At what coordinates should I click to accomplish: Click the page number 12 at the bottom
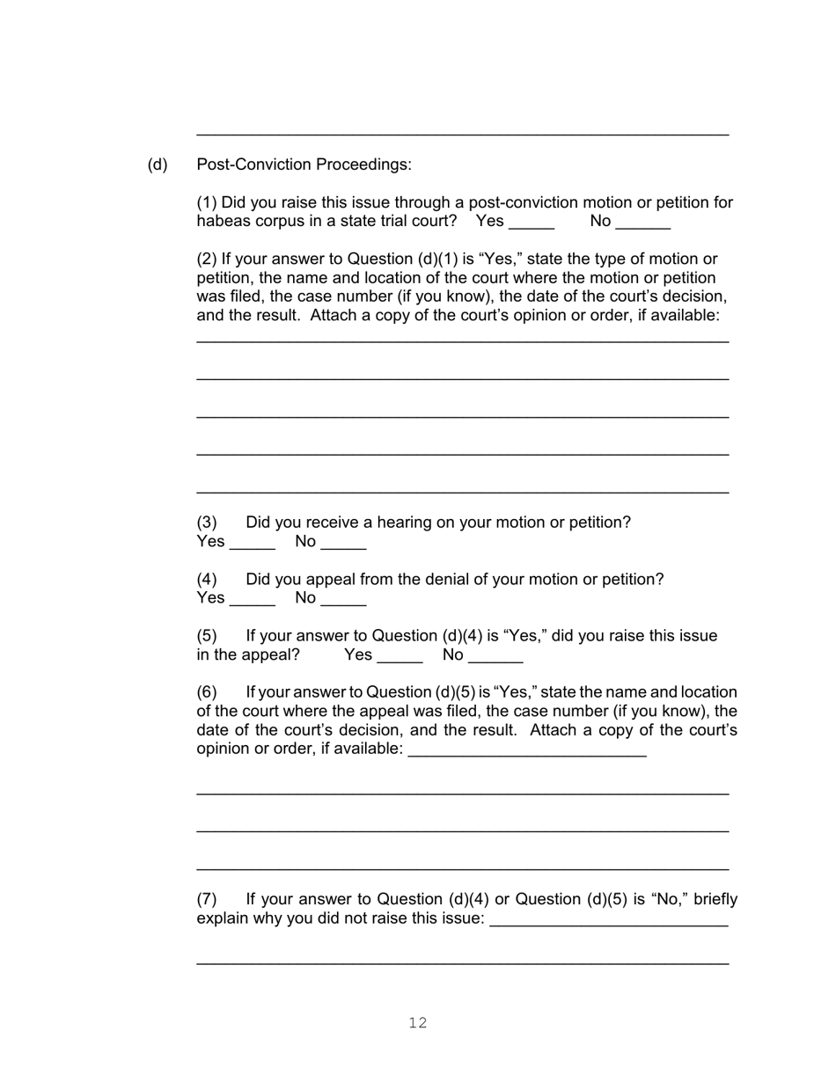pos(418,1022)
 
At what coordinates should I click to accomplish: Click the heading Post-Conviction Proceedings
pos(304,164)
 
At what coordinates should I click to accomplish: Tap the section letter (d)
pos(158,164)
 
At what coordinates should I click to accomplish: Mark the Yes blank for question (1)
pos(532,223)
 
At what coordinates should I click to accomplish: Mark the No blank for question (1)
pos(643,223)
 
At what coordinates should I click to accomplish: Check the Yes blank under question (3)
pos(253,543)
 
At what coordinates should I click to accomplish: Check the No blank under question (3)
pos(343,543)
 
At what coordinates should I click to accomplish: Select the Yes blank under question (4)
pos(253,600)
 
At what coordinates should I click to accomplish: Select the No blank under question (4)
pos(343,600)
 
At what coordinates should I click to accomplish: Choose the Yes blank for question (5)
pos(400,656)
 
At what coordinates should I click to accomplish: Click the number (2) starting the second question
pos(207,259)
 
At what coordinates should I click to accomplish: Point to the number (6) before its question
pos(207,692)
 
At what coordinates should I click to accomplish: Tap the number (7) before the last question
pos(207,899)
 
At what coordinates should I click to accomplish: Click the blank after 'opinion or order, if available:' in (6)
pos(528,750)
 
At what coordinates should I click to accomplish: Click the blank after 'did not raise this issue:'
pos(608,920)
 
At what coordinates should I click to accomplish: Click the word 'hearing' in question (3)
pos(404,523)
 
